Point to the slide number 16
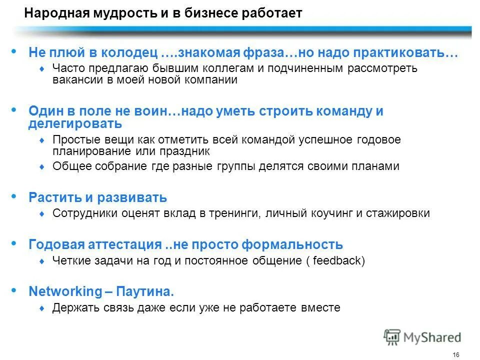click(x=455, y=354)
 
